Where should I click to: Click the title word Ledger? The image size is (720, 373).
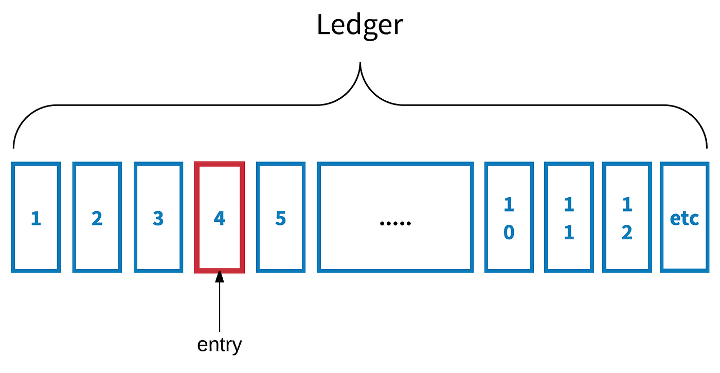[360, 25]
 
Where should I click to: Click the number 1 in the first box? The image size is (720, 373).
[35, 219]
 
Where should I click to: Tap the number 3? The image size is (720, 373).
[158, 219]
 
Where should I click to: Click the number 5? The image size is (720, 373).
[280, 219]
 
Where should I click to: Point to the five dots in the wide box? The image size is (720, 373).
[395, 223]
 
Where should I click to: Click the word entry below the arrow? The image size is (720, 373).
[220, 344]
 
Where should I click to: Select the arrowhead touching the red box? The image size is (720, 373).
[220, 277]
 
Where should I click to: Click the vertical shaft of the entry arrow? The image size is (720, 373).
[220, 309]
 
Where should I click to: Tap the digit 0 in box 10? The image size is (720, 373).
[509, 233]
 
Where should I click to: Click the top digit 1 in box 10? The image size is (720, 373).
[509, 205]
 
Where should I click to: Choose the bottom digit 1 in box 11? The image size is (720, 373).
[568, 233]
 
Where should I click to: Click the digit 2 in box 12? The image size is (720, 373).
[626, 233]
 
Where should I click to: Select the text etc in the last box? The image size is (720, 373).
[685, 219]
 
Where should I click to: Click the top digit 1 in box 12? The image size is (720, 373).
[626, 205]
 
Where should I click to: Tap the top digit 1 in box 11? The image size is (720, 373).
[568, 205]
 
